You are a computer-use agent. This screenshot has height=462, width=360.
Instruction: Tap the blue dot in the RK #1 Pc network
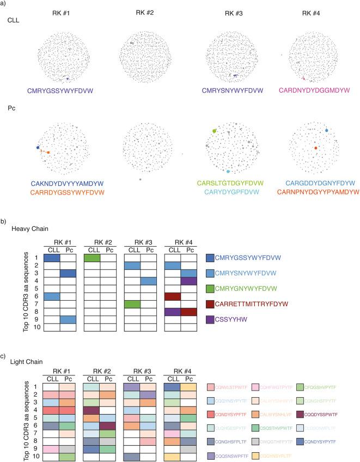coord(38,148)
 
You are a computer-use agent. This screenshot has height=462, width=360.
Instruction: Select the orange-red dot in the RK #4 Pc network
coord(315,148)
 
